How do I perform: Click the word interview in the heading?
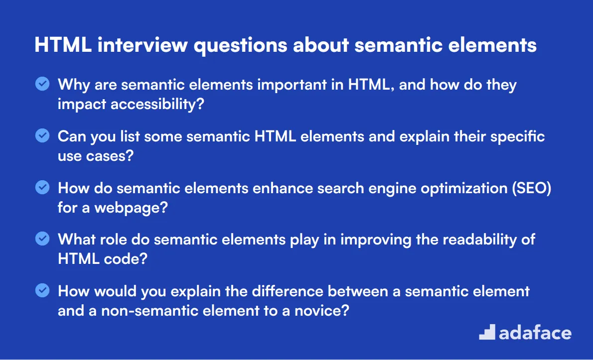click(143, 45)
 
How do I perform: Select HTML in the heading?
click(63, 45)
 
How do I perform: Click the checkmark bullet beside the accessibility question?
click(42, 84)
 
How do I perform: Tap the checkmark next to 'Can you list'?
click(42, 135)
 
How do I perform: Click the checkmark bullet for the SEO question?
click(42, 187)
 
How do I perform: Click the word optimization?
click(464, 188)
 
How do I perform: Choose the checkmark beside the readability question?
click(42, 239)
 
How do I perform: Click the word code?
click(122, 259)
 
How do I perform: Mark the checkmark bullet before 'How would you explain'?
click(42, 290)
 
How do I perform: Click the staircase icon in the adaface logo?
click(487, 332)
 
